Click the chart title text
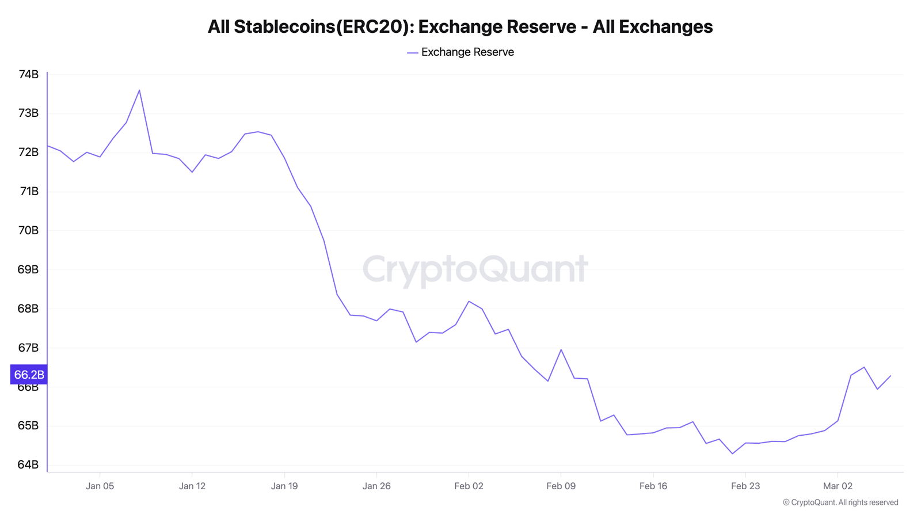coord(460,26)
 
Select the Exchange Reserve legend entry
coord(461,52)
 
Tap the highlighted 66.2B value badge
coord(29,375)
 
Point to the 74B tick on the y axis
coord(28,74)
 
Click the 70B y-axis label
coord(28,230)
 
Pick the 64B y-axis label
coord(28,464)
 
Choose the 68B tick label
coord(28,308)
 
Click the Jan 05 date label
coord(100,486)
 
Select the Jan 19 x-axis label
coord(284,486)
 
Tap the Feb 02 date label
coord(469,486)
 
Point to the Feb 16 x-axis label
coord(653,486)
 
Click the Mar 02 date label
coord(838,486)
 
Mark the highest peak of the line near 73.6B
coord(139,90)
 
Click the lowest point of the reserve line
coord(732,454)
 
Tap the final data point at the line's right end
coord(890,376)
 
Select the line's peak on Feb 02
coord(469,301)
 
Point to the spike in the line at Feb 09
coord(561,349)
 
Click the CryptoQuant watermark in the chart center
coord(475,269)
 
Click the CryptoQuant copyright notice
coord(840,502)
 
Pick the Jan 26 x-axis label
coord(376,486)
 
